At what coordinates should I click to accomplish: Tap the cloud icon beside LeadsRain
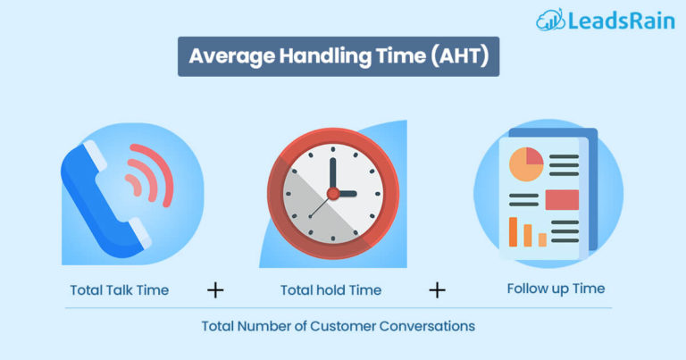[x=549, y=21]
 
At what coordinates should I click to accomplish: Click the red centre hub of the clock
[x=331, y=193]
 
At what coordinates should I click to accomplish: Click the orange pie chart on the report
[x=526, y=163]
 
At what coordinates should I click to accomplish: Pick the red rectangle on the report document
[x=561, y=199]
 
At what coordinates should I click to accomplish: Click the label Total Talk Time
[x=119, y=289]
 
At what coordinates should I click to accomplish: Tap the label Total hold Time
[x=330, y=289]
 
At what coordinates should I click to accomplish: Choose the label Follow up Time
[x=556, y=289]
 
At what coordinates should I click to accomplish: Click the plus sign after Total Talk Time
[x=215, y=290]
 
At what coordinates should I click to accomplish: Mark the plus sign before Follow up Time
[x=437, y=289]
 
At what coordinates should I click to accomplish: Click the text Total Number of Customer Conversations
[x=338, y=326]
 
